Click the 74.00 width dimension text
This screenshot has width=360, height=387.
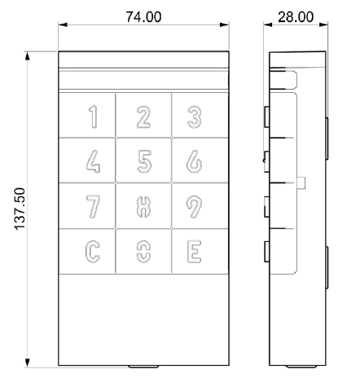coord(143,17)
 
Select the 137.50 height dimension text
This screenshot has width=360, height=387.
coord(20,209)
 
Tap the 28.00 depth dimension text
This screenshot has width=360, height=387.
coord(296,17)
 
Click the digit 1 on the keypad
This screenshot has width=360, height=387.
coord(94,117)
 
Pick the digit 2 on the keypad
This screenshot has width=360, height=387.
coord(143,117)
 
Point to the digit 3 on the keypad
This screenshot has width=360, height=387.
coord(195,117)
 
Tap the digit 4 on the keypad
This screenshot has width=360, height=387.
coord(93,161)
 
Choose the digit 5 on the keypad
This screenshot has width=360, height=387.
coord(144,161)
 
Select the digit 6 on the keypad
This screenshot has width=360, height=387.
coord(194,161)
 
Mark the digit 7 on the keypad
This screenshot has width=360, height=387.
coord(94,206)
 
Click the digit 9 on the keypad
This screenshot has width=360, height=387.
coord(195,206)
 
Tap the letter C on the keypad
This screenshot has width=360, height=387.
coord(93,252)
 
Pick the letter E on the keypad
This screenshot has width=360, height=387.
coord(195,252)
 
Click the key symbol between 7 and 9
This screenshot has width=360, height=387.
coord(143,207)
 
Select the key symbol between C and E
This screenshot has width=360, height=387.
coord(143,253)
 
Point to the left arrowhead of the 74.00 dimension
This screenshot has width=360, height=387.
coord(63,24)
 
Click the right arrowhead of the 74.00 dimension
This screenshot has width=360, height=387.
coord(225,24)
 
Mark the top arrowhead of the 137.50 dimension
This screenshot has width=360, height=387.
coord(27,56)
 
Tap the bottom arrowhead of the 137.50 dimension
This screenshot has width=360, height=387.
coord(27,363)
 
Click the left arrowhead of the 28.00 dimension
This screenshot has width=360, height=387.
coord(268,24)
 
